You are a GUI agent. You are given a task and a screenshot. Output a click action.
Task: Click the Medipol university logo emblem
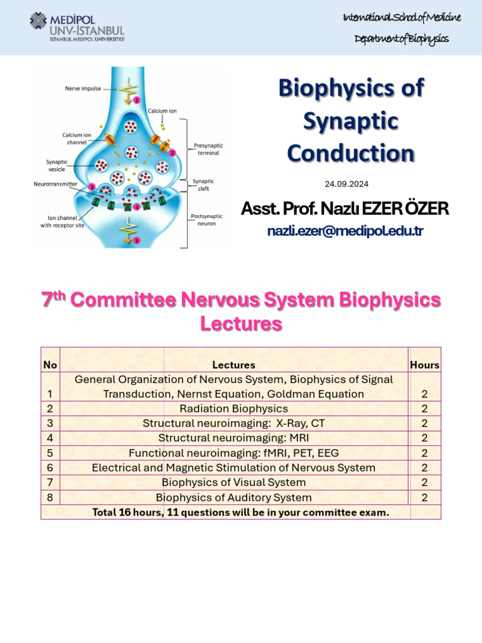click(38, 21)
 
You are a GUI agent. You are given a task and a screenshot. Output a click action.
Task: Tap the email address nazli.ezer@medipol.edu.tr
click(345, 231)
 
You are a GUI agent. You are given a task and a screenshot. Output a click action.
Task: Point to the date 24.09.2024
click(346, 184)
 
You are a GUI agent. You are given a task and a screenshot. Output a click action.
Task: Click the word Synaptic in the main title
click(351, 121)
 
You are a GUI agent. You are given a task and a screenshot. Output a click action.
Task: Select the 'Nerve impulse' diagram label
click(83, 89)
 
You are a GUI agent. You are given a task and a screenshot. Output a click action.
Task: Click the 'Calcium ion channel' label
click(77, 139)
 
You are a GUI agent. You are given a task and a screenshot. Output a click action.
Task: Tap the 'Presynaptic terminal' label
click(208, 149)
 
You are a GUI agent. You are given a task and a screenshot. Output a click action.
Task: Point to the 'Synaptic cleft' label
click(203, 185)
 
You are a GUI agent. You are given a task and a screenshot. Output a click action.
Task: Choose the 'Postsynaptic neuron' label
click(206, 220)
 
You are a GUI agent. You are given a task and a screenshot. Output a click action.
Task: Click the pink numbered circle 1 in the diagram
click(137, 100)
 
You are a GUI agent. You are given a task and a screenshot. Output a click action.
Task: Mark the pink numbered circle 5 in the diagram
click(137, 240)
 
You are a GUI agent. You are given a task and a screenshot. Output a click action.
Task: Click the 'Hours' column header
click(425, 365)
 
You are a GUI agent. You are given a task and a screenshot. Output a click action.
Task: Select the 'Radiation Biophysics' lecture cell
click(233, 408)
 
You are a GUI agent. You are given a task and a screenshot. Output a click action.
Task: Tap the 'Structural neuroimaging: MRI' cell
click(233, 438)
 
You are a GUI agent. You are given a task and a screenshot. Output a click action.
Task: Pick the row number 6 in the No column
click(50, 467)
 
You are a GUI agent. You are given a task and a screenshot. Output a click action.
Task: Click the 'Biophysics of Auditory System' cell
click(233, 497)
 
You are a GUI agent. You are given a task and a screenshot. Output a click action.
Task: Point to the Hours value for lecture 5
click(425, 453)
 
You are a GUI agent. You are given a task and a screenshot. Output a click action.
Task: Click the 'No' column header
click(50, 365)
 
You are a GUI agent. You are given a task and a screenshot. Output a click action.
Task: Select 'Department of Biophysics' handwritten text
click(401, 39)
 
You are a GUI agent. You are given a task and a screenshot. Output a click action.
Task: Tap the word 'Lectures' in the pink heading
click(241, 323)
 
